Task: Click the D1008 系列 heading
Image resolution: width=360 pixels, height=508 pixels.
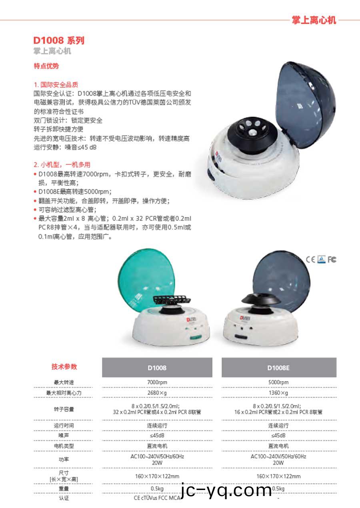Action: click(59, 41)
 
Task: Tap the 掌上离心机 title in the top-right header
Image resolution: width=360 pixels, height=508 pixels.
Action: click(314, 20)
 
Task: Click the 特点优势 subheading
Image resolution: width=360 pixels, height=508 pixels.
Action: click(46, 66)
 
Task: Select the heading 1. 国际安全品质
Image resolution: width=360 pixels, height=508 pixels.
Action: click(56, 85)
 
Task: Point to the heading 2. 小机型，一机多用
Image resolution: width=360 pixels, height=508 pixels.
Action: click(62, 165)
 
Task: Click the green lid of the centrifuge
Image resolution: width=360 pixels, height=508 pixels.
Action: click(140, 280)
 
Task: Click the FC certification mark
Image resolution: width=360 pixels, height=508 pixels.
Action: click(332, 259)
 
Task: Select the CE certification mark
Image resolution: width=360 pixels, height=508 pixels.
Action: click(310, 259)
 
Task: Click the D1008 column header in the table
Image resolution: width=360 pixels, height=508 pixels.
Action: click(157, 367)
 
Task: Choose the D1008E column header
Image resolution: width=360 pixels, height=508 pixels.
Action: click(279, 367)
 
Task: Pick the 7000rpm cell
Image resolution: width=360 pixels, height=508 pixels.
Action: click(157, 382)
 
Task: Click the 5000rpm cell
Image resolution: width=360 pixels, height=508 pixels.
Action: click(278, 382)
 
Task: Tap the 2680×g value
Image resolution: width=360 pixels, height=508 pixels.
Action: click(157, 393)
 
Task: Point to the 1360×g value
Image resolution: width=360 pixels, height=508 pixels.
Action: click(278, 393)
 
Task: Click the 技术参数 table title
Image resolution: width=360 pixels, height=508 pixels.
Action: click(64, 367)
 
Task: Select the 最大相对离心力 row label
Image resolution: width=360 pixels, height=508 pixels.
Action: click(64, 393)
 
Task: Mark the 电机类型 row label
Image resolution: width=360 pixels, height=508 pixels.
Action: click(64, 446)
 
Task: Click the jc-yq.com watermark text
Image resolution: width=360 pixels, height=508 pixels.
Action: click(226, 490)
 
